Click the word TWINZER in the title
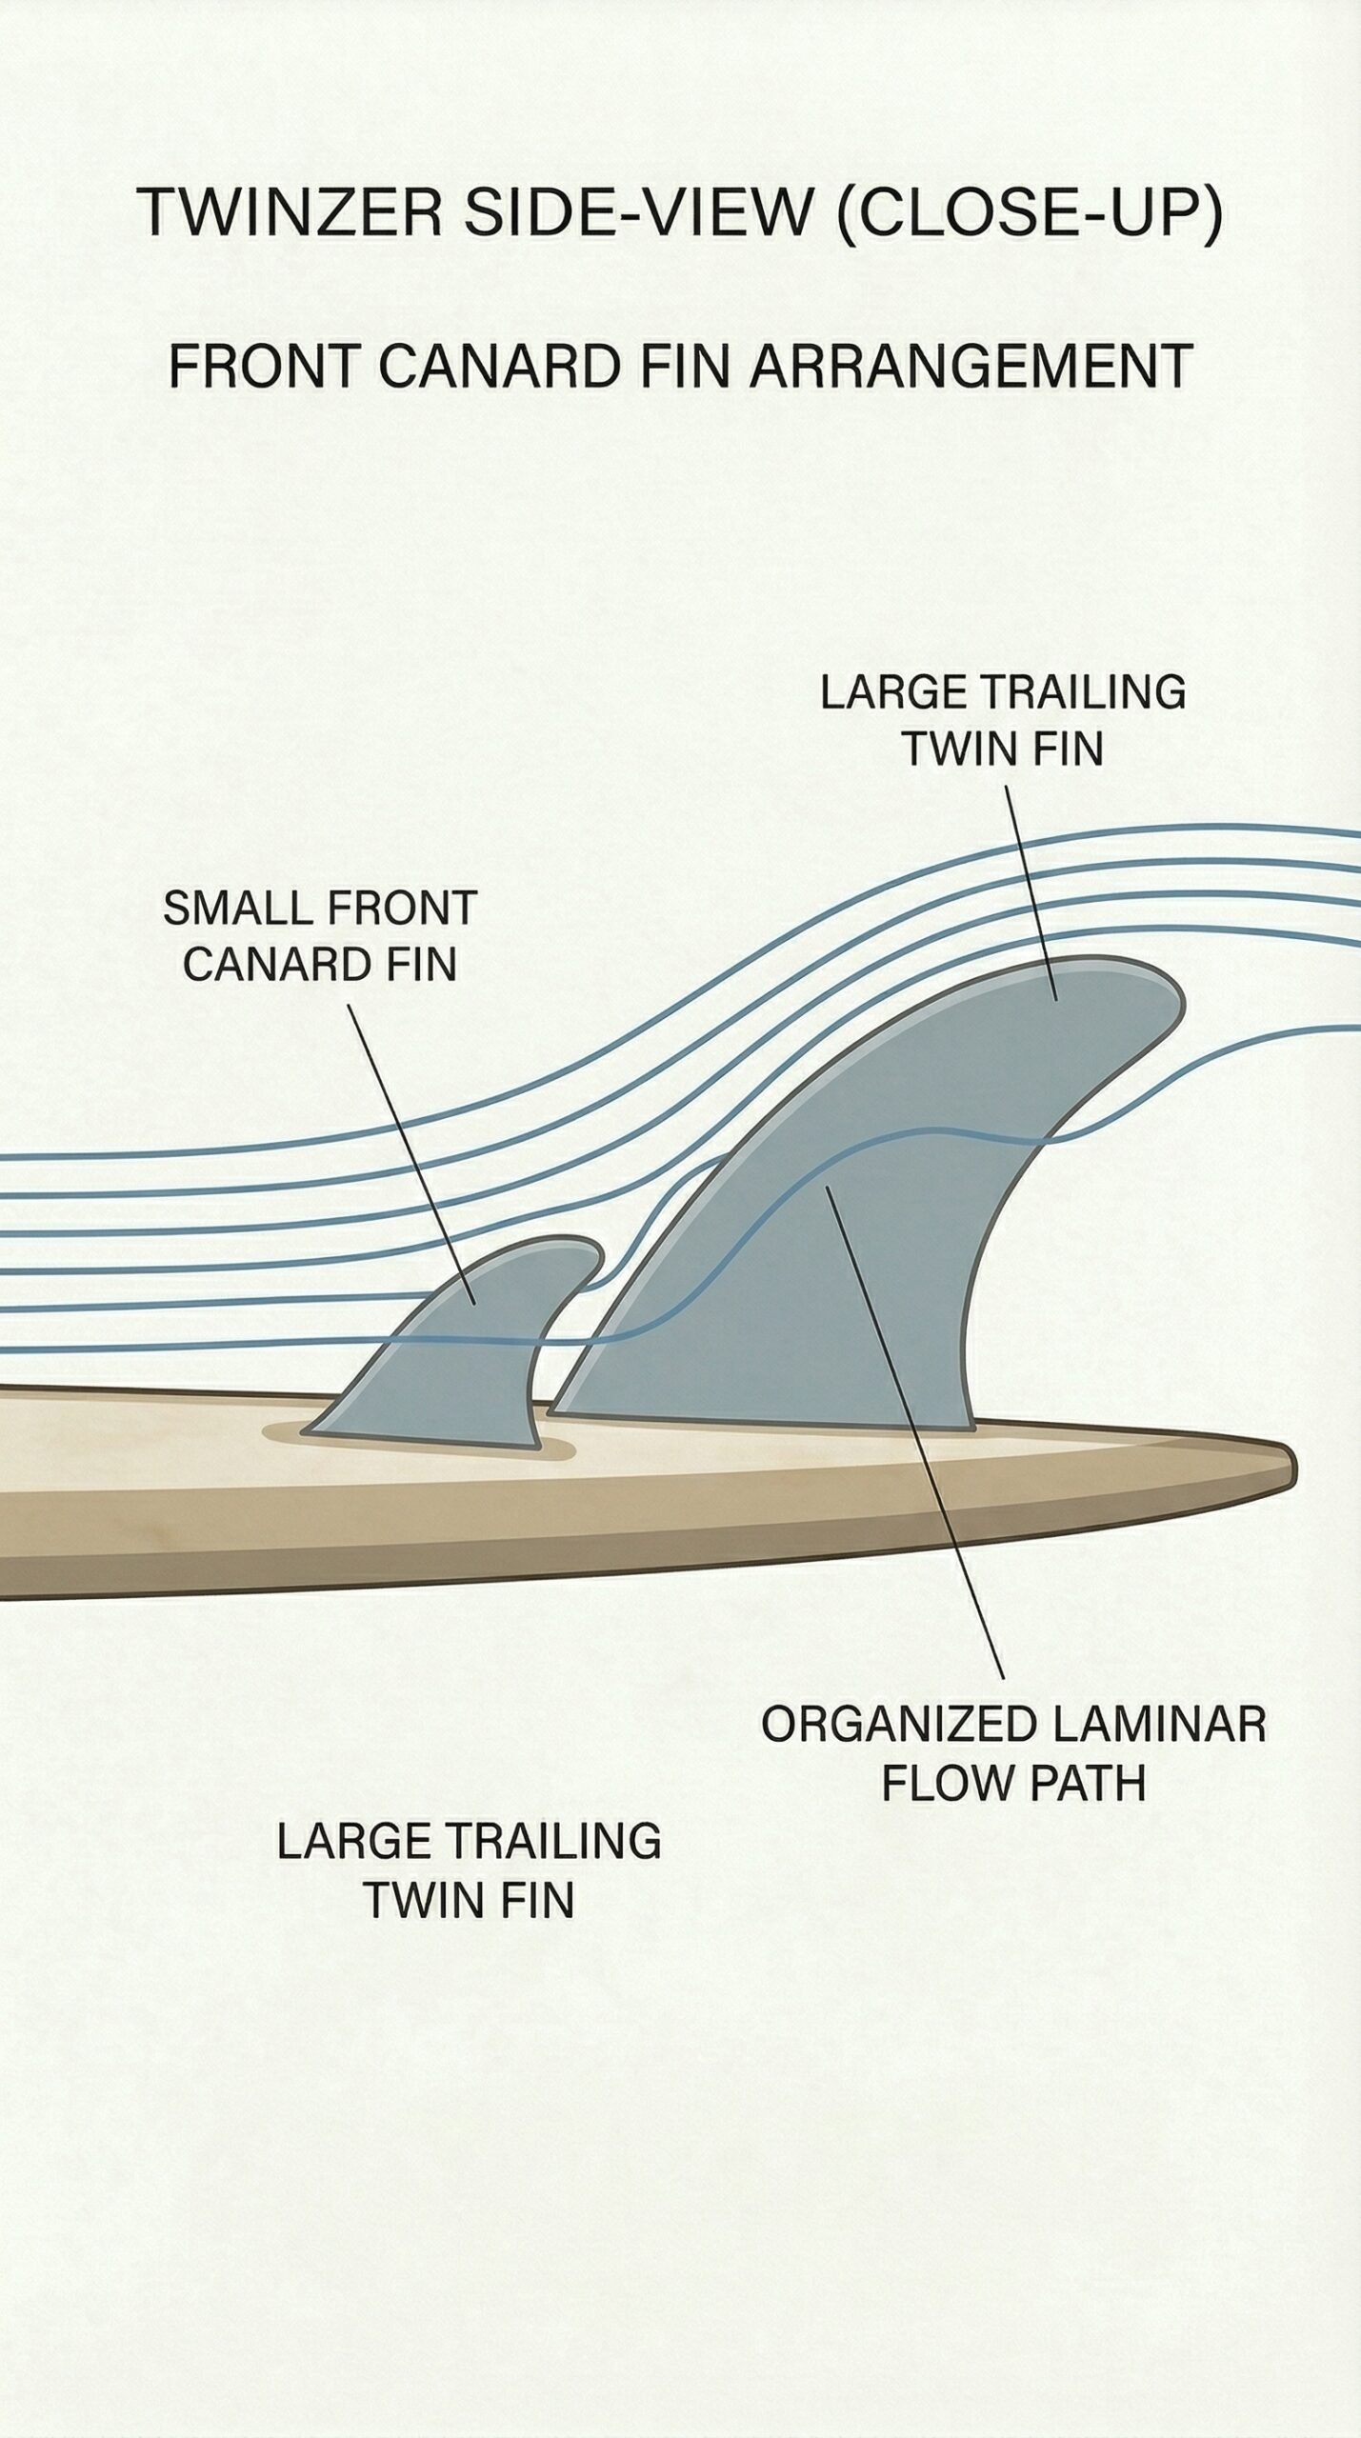(x=290, y=211)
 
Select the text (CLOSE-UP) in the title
(x=1029, y=213)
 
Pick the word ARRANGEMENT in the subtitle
(x=971, y=366)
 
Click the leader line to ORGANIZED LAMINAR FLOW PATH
(x=914, y=1429)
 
